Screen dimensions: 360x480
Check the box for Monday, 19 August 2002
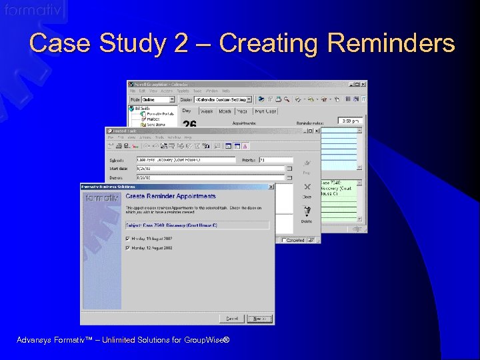tap(128, 238)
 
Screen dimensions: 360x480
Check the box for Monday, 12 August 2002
tap(128, 248)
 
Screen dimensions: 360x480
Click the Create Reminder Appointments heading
tap(171, 196)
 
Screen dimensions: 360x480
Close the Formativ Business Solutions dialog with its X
tap(270, 187)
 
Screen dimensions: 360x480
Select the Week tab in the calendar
tap(207, 111)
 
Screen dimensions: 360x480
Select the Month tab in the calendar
tap(225, 111)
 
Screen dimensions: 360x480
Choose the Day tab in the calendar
tap(187, 111)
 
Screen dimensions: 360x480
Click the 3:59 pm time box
tap(351, 121)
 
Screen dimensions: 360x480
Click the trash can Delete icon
tap(307, 211)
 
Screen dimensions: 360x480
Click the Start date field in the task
tap(209, 169)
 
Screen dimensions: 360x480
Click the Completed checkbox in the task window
tap(284, 240)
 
